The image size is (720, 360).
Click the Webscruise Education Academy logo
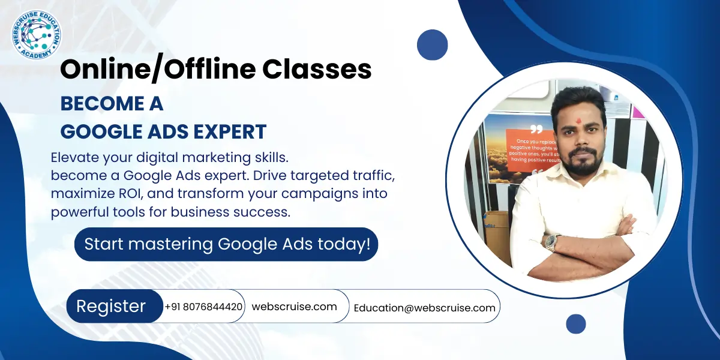point(36,35)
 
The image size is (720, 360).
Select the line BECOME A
point(112,104)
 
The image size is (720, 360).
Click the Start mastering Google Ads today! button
point(226,244)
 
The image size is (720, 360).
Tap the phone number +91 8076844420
point(204,307)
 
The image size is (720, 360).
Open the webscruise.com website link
point(294,307)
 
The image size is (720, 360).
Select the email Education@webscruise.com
point(424,308)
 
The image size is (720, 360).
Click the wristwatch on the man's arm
point(550,242)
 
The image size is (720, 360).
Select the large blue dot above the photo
point(433,45)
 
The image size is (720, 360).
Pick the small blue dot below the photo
point(575,324)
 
